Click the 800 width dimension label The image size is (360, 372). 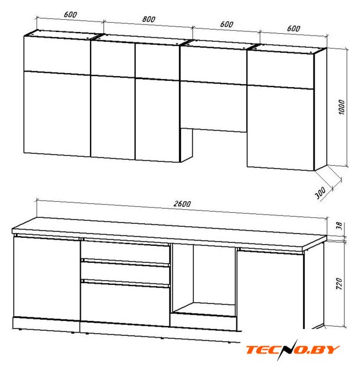pos(149,19)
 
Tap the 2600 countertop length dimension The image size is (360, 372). pos(182,204)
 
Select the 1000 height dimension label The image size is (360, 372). pos(341,107)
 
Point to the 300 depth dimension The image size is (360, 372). pos(320,192)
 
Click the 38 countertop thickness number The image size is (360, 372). pos(339,226)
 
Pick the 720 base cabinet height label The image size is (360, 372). pos(339,283)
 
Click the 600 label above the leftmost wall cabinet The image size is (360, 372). pos(70,15)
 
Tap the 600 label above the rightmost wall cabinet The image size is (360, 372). pos(293,28)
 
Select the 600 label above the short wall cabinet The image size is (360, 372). pos(226,24)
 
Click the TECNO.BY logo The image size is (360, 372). pos(292,350)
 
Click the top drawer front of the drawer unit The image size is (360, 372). pos(125,251)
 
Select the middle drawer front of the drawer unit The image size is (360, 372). pos(125,273)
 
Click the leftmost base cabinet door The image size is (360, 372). pos(46,278)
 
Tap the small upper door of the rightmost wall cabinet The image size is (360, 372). pos(280,70)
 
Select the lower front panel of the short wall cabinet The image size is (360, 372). pos(214,106)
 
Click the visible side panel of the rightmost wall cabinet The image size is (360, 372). pos(321,109)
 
